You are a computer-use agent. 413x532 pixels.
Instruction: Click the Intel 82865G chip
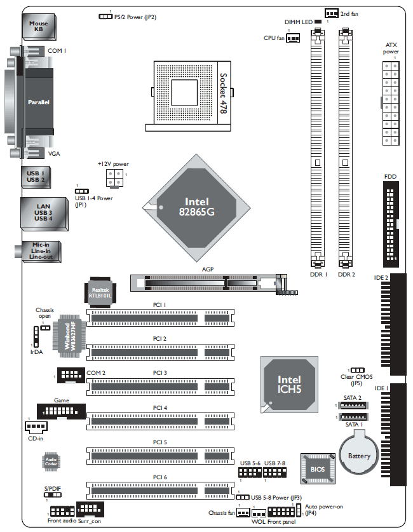[196, 208]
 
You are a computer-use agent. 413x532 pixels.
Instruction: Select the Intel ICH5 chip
[289, 385]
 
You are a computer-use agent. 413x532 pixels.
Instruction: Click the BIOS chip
[318, 468]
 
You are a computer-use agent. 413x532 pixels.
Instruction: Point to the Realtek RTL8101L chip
[100, 292]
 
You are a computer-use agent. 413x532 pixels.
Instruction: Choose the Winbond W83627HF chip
[69, 336]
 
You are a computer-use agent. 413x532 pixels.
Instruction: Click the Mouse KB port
[39, 27]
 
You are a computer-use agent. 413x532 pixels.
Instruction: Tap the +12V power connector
[114, 178]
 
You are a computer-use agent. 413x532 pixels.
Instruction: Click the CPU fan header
[293, 38]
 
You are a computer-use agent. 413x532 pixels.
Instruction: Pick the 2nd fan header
[332, 13]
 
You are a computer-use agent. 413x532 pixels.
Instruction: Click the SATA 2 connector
[354, 405]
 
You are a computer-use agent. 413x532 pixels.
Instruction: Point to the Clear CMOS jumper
[357, 370]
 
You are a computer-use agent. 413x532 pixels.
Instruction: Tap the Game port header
[61, 411]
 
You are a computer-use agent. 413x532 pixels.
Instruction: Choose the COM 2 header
[71, 375]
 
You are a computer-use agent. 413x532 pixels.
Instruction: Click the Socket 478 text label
[223, 93]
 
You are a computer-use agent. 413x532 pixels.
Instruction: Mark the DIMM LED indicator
[318, 22]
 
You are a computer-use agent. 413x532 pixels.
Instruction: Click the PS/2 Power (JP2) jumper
[105, 17]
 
